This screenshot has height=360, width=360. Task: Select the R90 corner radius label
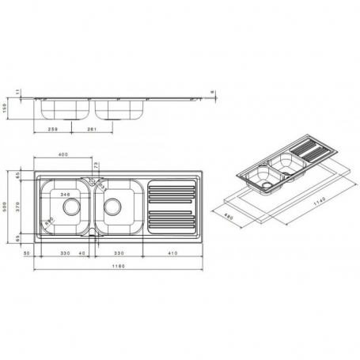(x=49, y=221)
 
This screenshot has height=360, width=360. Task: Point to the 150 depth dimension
(x=6, y=108)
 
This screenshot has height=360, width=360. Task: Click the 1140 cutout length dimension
(x=316, y=202)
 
